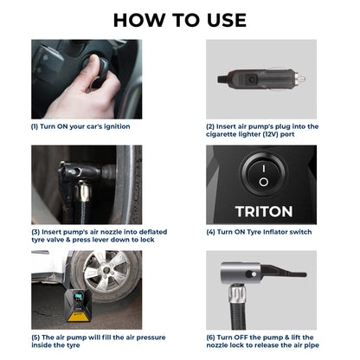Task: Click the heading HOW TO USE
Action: click(x=180, y=20)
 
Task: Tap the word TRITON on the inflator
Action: click(x=263, y=211)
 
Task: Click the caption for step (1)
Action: click(x=80, y=126)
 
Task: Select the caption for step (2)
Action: click(x=262, y=130)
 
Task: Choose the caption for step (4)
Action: click(x=259, y=231)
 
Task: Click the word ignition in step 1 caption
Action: click(x=112, y=126)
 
